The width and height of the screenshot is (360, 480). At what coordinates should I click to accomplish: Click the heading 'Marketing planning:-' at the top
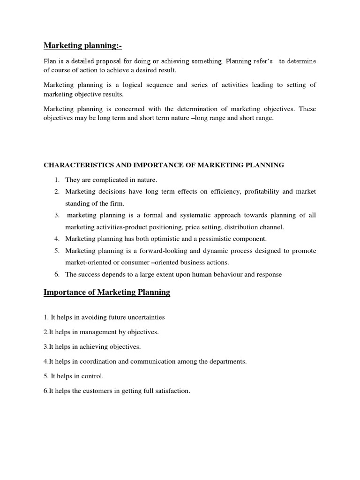82,45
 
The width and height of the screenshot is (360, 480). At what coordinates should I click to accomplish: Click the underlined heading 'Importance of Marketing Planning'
107,293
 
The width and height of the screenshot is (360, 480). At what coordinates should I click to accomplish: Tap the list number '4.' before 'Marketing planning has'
57,239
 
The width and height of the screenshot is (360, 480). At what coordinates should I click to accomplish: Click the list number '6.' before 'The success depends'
57,275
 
